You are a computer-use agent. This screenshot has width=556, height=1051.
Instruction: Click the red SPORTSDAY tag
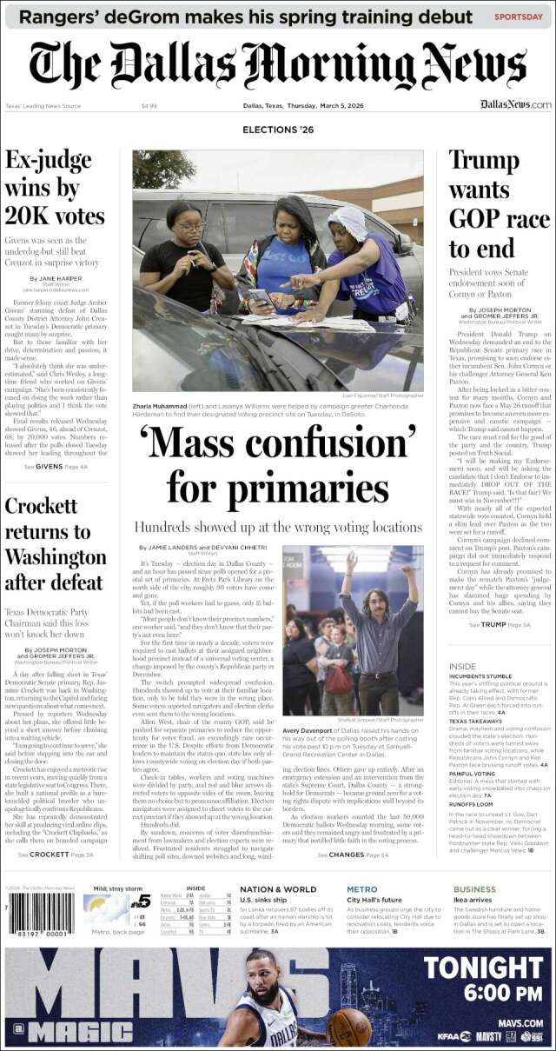point(520,17)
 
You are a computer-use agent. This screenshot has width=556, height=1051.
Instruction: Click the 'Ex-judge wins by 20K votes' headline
point(56,189)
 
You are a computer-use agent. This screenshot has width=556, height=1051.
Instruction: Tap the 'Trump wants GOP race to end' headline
point(499,204)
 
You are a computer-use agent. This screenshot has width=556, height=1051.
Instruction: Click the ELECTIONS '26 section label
point(278,130)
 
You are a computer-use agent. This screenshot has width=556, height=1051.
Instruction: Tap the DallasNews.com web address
point(515,104)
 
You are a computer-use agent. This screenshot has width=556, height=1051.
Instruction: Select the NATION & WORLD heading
point(278,889)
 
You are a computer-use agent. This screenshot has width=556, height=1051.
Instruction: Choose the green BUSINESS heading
point(474,889)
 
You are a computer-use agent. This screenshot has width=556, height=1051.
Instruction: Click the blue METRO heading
point(361,889)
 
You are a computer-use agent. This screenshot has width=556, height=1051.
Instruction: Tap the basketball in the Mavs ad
point(348,1026)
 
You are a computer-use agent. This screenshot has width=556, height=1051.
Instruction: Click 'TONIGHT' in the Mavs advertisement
point(481,967)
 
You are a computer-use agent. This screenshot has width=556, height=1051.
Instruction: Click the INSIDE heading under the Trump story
point(462,666)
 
